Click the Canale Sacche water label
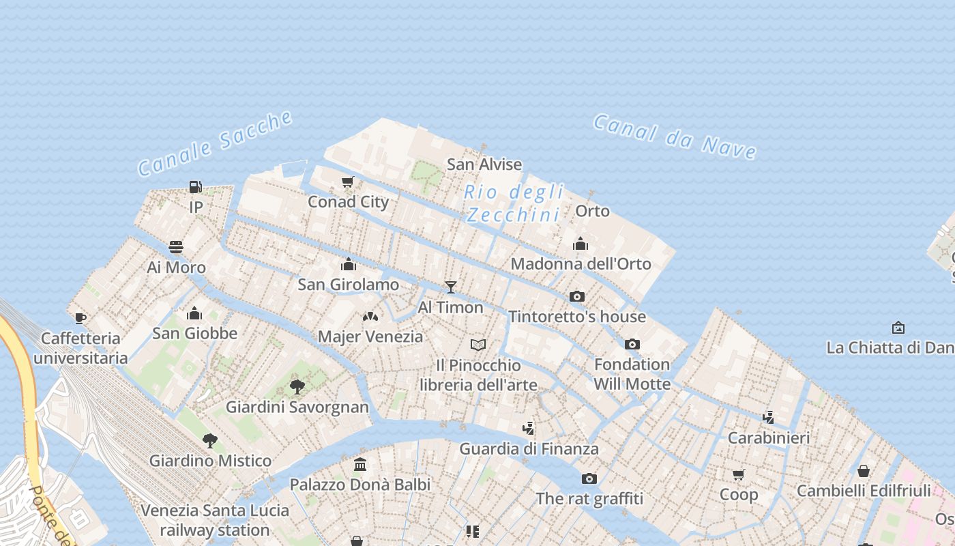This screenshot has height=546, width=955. (x=216, y=143)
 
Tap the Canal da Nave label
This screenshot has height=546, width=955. (x=675, y=136)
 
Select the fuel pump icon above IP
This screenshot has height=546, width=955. (x=196, y=186)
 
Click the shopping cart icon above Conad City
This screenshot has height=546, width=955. (x=348, y=182)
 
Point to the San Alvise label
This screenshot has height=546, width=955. (x=484, y=164)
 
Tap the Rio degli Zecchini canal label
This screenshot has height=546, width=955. (x=514, y=203)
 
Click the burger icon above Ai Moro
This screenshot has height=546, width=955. (x=176, y=246)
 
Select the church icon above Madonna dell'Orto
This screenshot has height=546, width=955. (x=581, y=244)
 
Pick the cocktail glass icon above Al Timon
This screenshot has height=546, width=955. (x=450, y=287)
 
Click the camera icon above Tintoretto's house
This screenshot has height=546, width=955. (x=577, y=296)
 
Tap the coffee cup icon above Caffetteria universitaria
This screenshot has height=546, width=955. (x=80, y=318)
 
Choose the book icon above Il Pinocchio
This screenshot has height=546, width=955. (x=478, y=345)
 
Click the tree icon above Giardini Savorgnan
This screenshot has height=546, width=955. (x=297, y=387)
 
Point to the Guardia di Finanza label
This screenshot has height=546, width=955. (x=529, y=448)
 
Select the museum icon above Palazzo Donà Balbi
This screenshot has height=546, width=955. (x=360, y=465)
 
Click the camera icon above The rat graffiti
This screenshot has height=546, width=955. (x=589, y=478)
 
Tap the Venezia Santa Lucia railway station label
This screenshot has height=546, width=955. (x=215, y=520)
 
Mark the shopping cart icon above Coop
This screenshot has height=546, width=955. (x=739, y=474)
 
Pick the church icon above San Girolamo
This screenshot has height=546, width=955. (x=349, y=264)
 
